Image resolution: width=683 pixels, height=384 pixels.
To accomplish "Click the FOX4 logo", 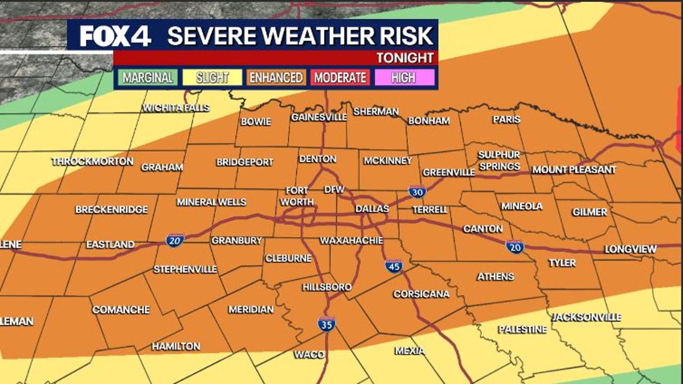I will [x=115, y=36].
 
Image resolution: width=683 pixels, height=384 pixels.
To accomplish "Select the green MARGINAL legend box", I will [x=148, y=78].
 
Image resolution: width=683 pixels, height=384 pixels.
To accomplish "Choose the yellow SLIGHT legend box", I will [x=212, y=78].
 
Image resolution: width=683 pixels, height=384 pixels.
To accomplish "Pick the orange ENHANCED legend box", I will [x=276, y=78].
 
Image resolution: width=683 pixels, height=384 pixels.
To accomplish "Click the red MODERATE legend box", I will [x=340, y=78].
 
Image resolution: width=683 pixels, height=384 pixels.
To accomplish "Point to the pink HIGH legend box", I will [x=403, y=78].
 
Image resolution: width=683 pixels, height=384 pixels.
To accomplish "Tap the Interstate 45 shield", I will [x=394, y=266].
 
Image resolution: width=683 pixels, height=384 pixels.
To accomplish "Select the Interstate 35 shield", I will [x=327, y=323].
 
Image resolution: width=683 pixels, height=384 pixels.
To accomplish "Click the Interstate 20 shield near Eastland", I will [x=175, y=239].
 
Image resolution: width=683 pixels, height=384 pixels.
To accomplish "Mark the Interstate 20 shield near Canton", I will [x=515, y=246].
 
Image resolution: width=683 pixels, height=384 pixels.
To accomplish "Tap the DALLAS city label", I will [x=372, y=209].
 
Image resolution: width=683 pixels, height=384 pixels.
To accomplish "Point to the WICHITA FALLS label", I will [x=176, y=108].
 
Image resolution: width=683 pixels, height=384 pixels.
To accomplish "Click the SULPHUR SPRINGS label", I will [x=499, y=161].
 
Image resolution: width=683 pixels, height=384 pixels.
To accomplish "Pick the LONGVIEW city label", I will [x=630, y=249].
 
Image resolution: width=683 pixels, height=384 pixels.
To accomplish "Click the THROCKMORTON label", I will [x=92, y=162].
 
